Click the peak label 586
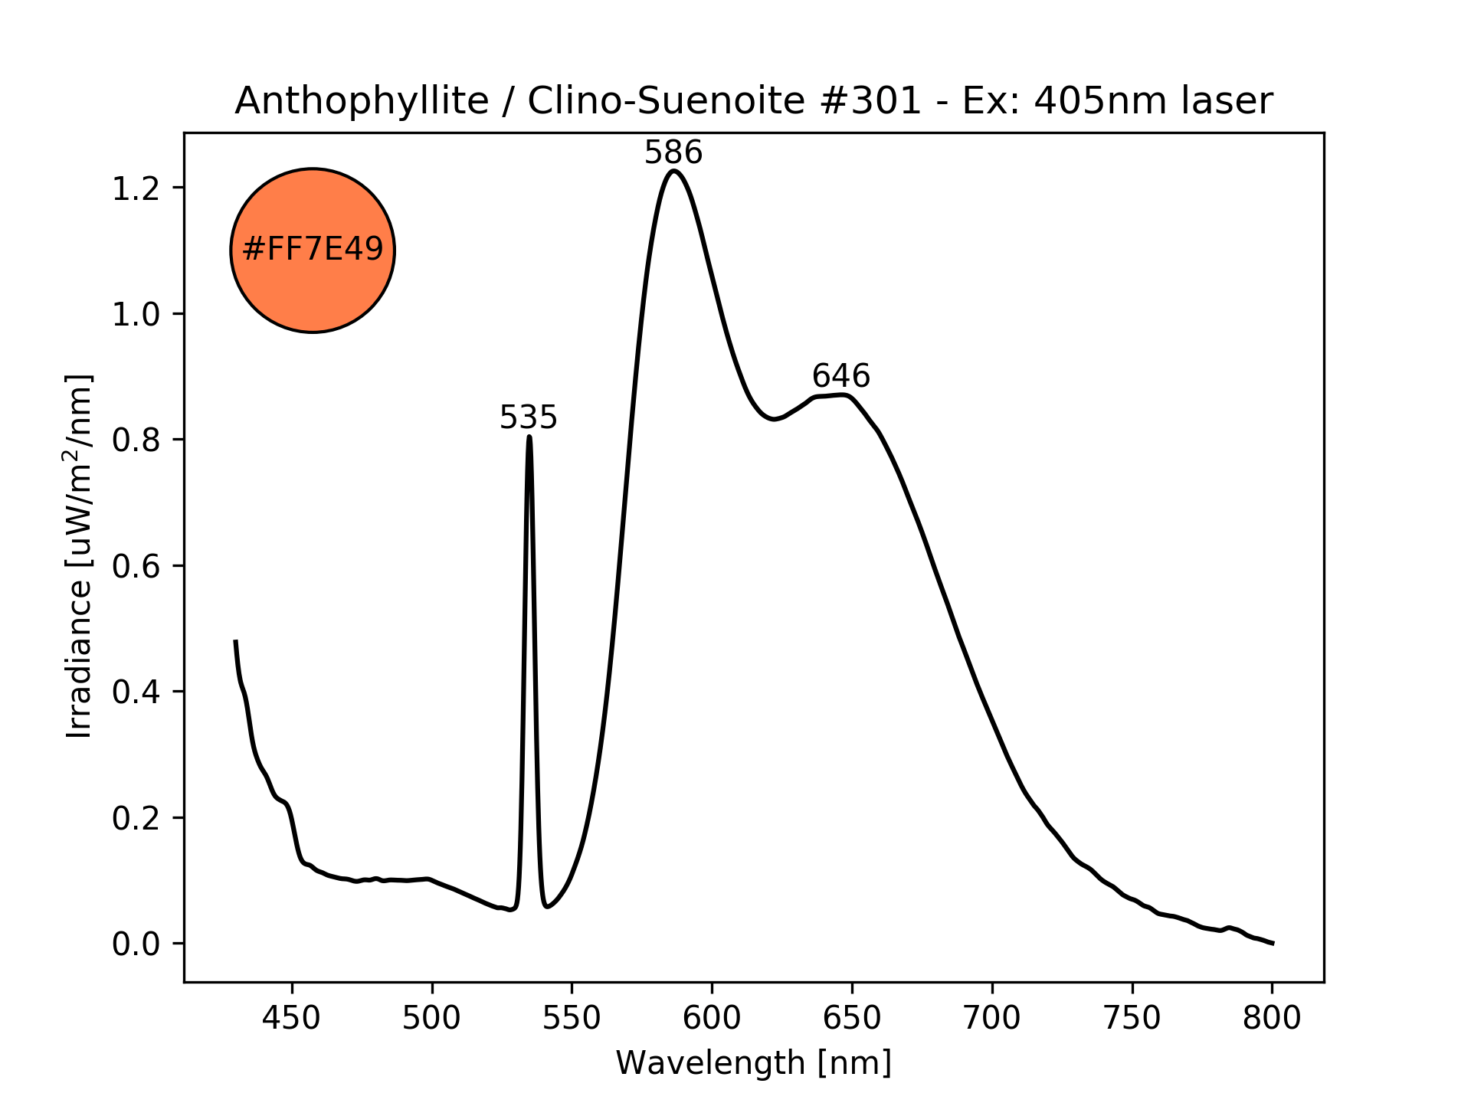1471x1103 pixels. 673,153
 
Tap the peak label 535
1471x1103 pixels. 528,418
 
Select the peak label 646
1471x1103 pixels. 840,376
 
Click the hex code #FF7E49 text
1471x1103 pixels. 313,250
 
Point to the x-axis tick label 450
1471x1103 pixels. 291,1018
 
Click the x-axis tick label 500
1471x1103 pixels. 431,1018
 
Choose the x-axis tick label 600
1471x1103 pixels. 712,1018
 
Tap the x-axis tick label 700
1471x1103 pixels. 992,1018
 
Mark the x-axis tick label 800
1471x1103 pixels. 1272,1018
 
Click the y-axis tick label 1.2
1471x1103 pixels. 136,188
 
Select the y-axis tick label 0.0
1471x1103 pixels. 136,944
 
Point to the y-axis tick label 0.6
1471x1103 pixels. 136,567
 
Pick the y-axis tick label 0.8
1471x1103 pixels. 136,440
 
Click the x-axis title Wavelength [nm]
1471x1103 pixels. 753,1063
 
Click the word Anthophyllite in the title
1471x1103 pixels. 362,101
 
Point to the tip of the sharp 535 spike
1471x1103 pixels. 529,437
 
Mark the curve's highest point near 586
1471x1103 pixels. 673,171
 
